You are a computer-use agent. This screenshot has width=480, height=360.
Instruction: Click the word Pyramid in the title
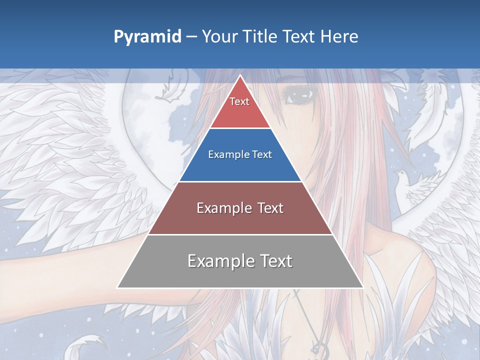(147, 37)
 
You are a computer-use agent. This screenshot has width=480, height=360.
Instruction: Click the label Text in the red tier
(239, 101)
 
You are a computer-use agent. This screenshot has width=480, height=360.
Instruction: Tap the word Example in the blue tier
(224, 155)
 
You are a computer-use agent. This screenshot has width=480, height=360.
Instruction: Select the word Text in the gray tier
(274, 261)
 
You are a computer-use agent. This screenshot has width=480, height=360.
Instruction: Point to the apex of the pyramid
(240, 75)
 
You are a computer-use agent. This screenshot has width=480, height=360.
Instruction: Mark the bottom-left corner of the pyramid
(118, 287)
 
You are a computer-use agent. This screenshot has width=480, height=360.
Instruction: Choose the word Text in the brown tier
(270, 208)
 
